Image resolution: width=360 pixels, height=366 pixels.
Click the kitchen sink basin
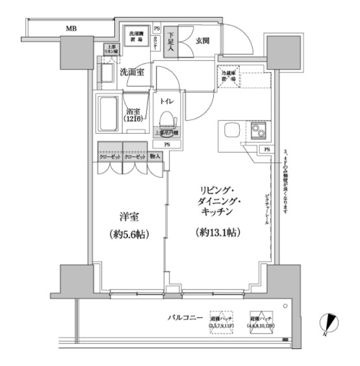click(x=233, y=130)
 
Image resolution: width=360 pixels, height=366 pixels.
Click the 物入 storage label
click(x=155, y=157)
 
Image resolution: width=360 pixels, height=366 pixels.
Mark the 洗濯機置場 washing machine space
click(x=136, y=36)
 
